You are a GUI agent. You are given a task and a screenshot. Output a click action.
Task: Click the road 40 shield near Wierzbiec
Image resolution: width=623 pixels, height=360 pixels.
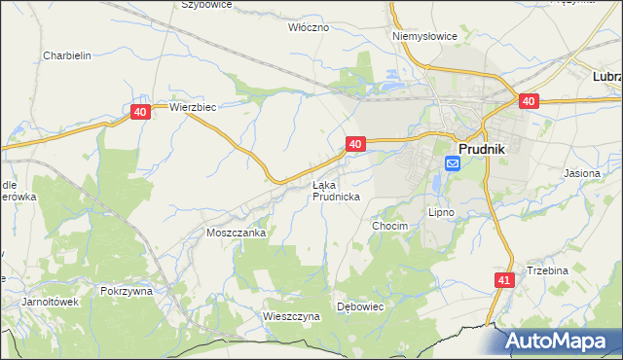tap(140, 113)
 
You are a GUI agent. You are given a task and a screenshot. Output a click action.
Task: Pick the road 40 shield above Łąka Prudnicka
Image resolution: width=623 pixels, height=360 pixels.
tap(355, 144)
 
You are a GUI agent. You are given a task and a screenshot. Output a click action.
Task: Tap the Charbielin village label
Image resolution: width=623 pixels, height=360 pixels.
tap(67, 55)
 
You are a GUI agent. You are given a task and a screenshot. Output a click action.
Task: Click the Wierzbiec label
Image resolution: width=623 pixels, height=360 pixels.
tap(192, 107)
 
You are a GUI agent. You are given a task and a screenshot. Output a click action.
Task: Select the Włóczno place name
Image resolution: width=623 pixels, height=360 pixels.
tap(309, 27)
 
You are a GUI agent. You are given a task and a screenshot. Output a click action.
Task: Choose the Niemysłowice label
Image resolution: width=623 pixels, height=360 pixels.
tap(424, 36)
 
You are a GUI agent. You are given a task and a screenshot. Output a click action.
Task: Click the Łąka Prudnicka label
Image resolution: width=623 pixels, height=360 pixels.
tap(336, 190)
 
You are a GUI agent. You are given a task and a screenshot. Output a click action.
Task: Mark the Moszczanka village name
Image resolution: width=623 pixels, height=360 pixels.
tap(236, 234)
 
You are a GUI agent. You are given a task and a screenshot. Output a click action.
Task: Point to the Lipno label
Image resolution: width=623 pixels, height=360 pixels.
tap(441, 211)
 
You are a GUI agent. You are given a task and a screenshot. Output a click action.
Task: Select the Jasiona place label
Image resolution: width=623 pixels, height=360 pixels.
tap(582, 172)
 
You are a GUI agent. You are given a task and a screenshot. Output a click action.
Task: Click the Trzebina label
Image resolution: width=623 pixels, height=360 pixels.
tap(547, 270)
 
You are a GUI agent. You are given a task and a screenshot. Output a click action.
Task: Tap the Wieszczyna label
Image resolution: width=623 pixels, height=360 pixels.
tap(291, 316)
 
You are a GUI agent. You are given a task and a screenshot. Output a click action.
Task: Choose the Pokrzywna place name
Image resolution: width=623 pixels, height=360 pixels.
tap(127, 290)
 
